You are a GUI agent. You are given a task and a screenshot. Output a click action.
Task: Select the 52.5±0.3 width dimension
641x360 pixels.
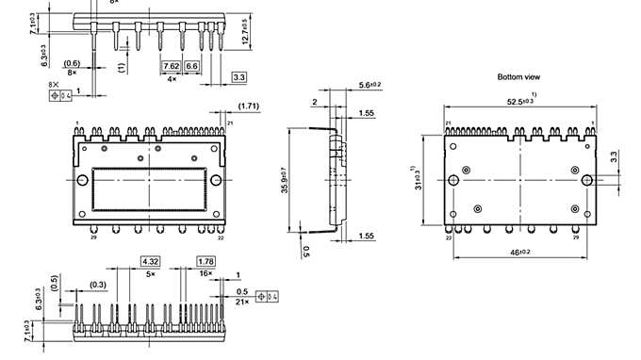(524, 103)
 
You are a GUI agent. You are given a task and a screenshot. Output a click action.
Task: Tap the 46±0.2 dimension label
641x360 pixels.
(521, 254)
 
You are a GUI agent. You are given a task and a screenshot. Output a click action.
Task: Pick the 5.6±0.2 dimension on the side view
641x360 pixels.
(370, 86)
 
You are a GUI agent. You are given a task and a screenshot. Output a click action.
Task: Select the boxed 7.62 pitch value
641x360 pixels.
(171, 67)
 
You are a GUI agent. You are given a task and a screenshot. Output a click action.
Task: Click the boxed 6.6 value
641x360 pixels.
(191, 67)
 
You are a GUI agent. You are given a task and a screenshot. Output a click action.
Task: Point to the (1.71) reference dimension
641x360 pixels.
(249, 106)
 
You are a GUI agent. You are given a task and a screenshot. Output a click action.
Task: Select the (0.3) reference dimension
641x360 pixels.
(97, 284)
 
